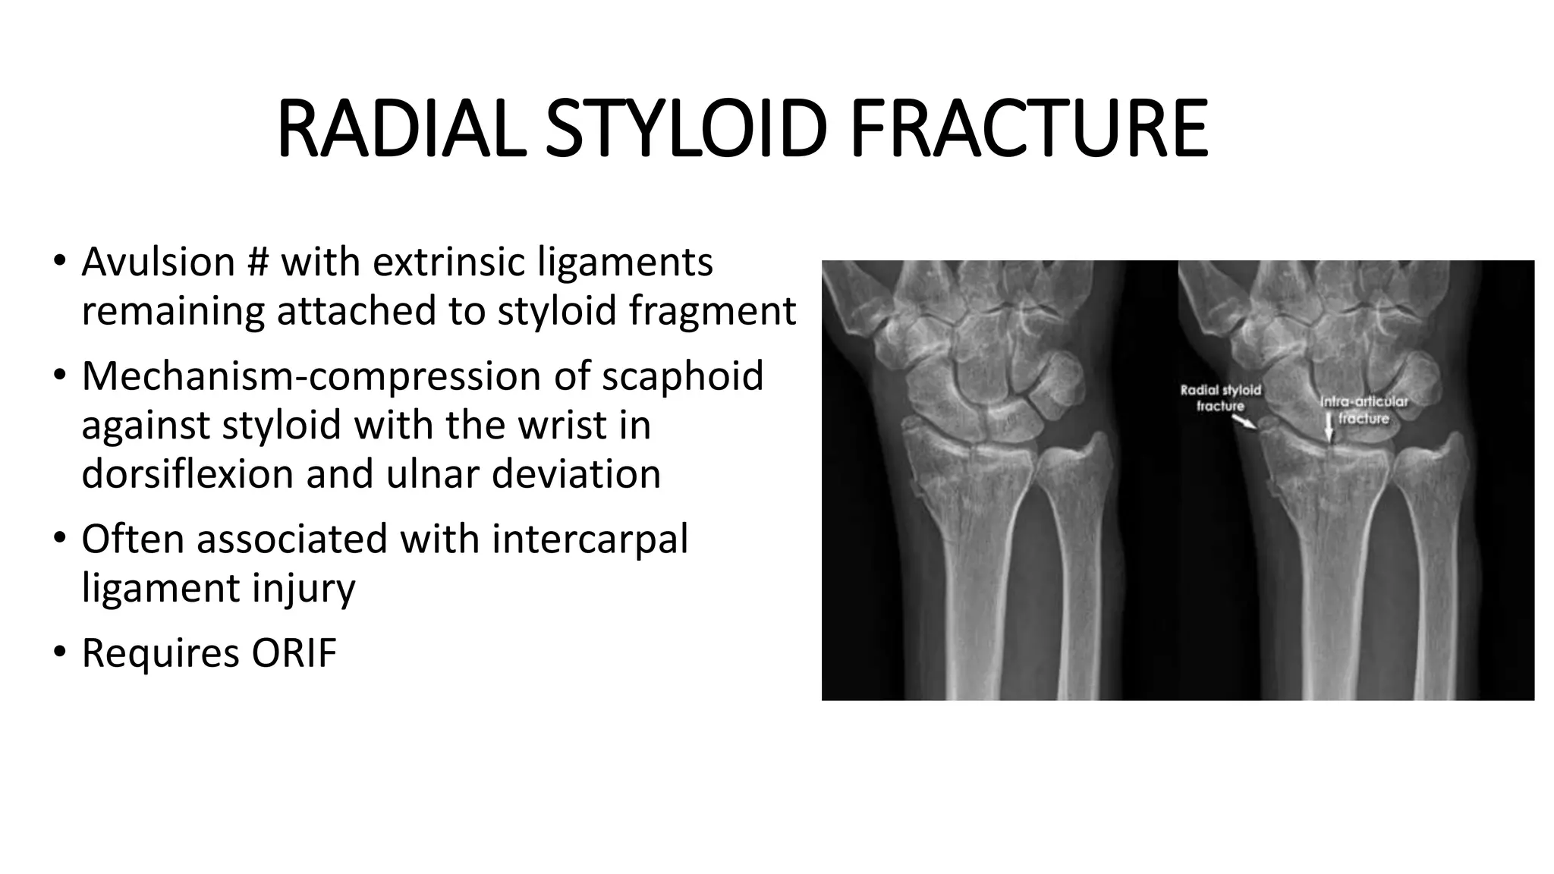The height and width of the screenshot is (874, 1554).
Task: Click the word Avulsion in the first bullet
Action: [158, 263]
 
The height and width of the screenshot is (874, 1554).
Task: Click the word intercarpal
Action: [590, 539]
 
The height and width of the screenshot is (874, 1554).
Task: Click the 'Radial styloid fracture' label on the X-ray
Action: [1220, 398]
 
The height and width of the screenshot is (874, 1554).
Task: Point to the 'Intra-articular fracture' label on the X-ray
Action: [1364, 410]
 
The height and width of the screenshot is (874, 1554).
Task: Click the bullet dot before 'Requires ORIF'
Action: [60, 653]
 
